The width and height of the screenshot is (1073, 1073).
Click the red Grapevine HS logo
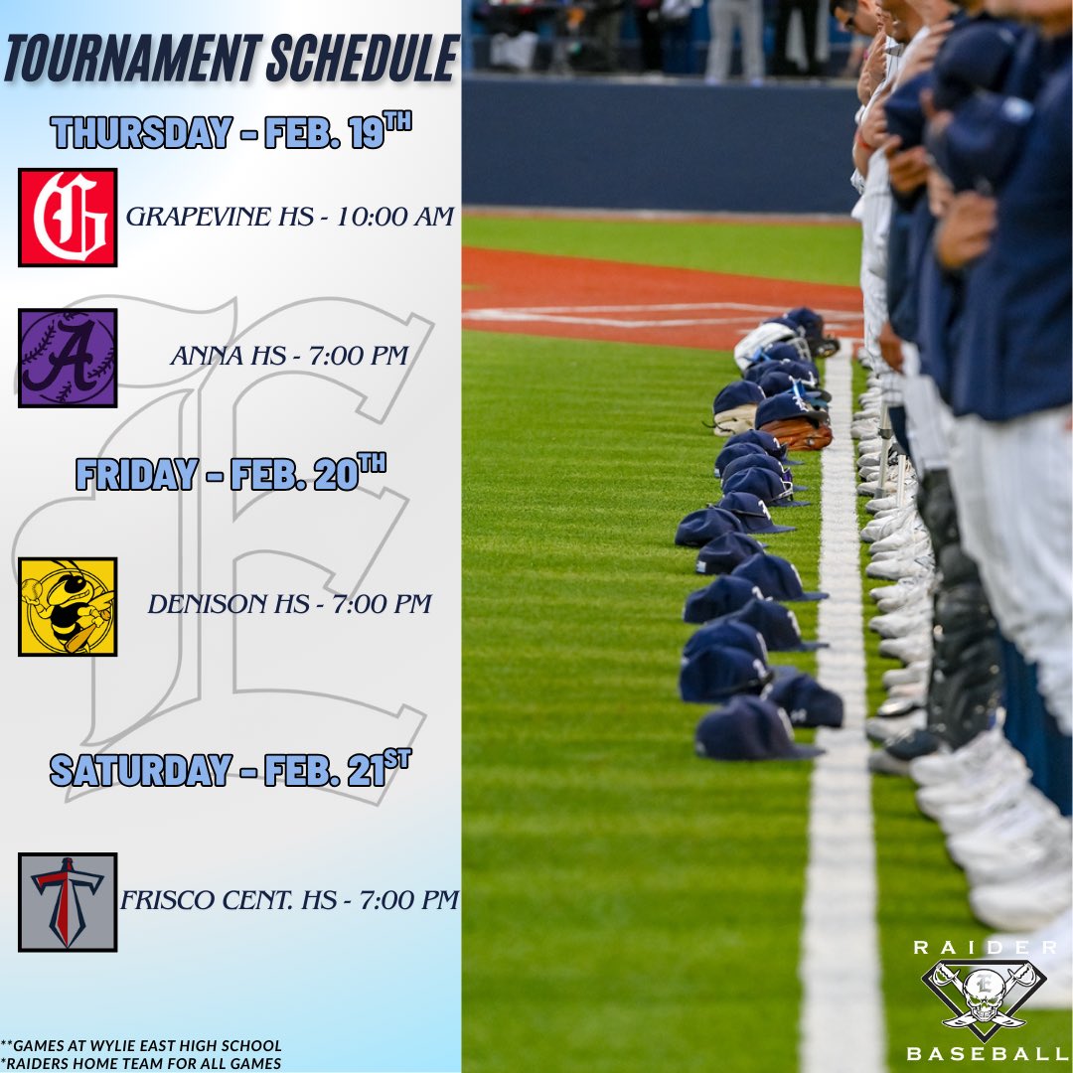tap(68, 217)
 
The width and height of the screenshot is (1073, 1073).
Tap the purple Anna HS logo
tap(68, 358)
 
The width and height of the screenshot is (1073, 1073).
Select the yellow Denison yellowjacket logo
tap(68, 606)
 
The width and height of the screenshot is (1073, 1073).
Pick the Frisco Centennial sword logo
tap(68, 901)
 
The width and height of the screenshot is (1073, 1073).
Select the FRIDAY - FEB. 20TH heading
tap(231, 472)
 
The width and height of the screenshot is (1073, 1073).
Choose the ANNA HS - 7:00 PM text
tap(289, 356)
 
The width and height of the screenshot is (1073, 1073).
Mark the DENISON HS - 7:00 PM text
tap(289, 604)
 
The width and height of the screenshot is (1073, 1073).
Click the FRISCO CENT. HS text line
tap(289, 900)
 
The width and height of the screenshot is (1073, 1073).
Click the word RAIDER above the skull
tap(985, 948)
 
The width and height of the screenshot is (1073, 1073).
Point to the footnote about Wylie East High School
tap(142, 1045)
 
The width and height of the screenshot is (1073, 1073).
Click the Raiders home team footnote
tap(142, 1063)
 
